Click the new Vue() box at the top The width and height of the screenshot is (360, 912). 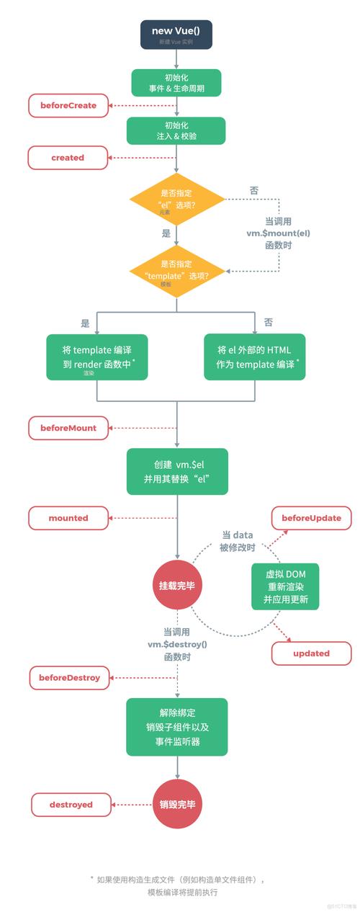[176, 34]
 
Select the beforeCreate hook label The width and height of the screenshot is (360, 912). [68, 105]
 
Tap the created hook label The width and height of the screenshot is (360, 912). [68, 157]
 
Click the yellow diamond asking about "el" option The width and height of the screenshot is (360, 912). [176, 199]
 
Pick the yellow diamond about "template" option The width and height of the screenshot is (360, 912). [176, 271]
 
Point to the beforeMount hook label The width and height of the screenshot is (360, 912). [68, 428]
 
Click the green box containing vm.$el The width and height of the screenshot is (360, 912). [176, 471]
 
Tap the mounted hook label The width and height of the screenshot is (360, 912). [68, 518]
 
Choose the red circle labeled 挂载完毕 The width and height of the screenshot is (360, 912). [176, 585]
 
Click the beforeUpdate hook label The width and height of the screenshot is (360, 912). [311, 518]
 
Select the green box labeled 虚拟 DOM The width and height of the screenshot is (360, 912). [285, 586]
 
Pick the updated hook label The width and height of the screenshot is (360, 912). [311, 653]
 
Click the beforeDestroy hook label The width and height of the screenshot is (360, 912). [69, 678]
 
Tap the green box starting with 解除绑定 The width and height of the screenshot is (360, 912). [176, 726]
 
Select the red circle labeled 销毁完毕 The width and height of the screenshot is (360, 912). [176, 804]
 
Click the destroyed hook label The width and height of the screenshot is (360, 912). [71, 804]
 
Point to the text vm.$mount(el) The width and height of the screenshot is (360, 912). [279, 233]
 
